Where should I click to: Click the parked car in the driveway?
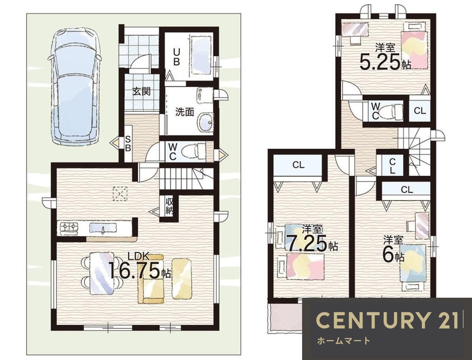coord(74,87)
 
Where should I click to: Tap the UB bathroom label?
coord(177,57)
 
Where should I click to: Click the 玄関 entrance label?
coord(142,91)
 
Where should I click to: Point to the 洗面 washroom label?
coord(185,112)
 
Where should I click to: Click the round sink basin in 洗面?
coord(206,122)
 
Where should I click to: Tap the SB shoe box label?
coord(128,144)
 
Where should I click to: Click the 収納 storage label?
coord(169,206)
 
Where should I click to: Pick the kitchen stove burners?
coord(69,227)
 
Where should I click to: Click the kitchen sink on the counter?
coord(102,228)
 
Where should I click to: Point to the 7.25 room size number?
coord(306,243)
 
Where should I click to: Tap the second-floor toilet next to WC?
coord(390,112)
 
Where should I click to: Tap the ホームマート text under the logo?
coord(343,341)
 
